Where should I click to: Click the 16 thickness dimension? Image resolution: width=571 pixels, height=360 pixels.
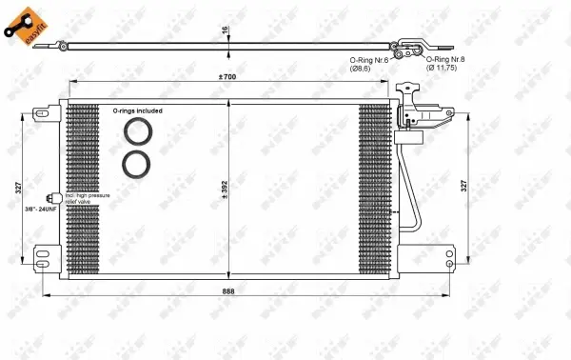(x=226, y=30)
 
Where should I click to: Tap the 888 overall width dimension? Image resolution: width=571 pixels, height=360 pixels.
(x=228, y=290)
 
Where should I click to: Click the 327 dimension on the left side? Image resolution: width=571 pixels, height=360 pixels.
(x=18, y=189)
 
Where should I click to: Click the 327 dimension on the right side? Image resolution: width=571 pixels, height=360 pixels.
(x=463, y=186)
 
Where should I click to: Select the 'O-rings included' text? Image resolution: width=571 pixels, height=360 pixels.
(x=137, y=110)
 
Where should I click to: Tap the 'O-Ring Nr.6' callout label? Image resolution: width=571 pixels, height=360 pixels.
(x=366, y=59)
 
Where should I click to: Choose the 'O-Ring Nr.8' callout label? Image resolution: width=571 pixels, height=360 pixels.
(x=443, y=59)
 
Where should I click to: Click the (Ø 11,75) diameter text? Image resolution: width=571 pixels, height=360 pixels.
(x=443, y=69)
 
